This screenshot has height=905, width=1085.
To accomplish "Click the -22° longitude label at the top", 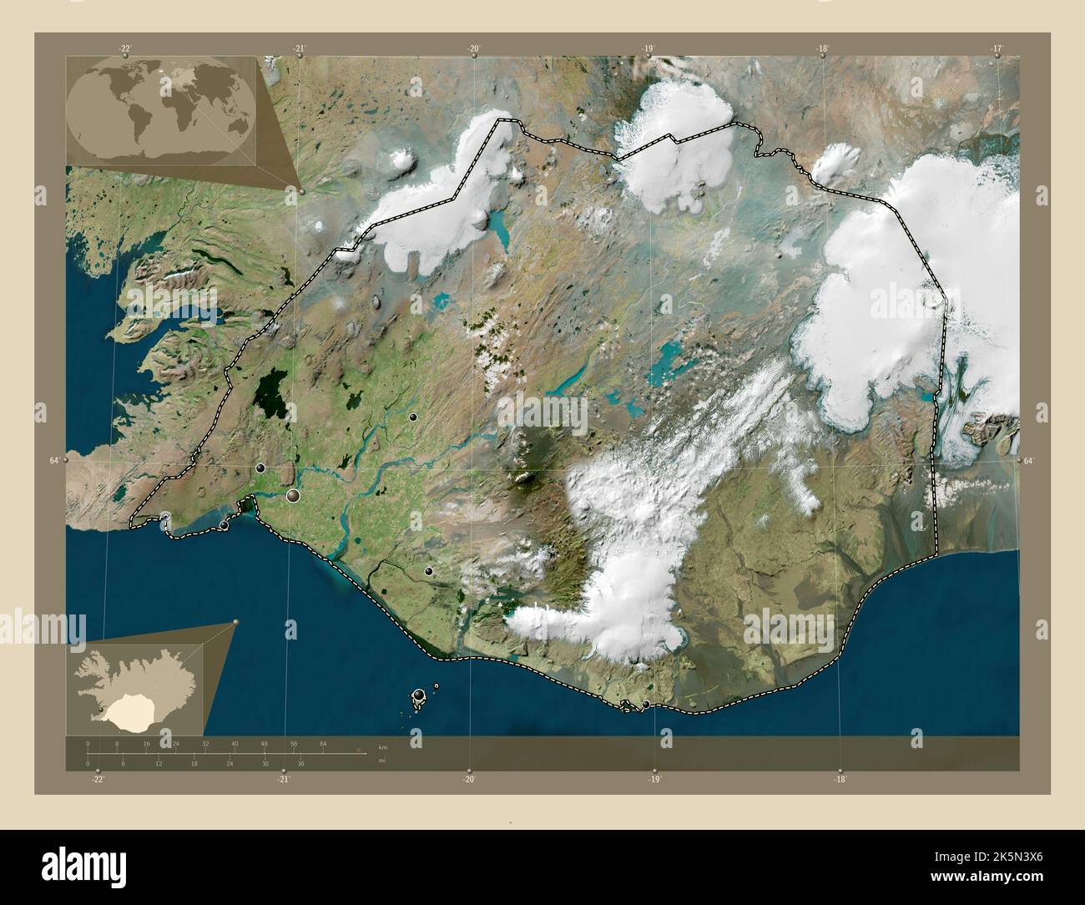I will pos(125,48).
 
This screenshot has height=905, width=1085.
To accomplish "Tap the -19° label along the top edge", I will pos(648,48).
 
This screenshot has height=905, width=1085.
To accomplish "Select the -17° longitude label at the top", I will pos(997,48).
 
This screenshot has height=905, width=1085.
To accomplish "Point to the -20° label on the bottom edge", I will pos(469,779).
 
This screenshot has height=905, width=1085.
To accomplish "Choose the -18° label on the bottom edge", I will pos(840,779).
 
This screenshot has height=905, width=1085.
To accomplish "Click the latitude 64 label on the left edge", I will pos(53,460).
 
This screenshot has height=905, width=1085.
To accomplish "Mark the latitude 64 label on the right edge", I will pos(1028,460).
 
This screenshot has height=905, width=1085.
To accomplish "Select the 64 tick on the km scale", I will pos(323,743).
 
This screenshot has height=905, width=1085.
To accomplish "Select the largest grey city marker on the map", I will pos(293,496).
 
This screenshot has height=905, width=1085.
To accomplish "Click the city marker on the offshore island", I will pos(418,695).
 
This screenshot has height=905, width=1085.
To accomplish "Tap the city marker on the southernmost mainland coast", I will pos(645,705).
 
